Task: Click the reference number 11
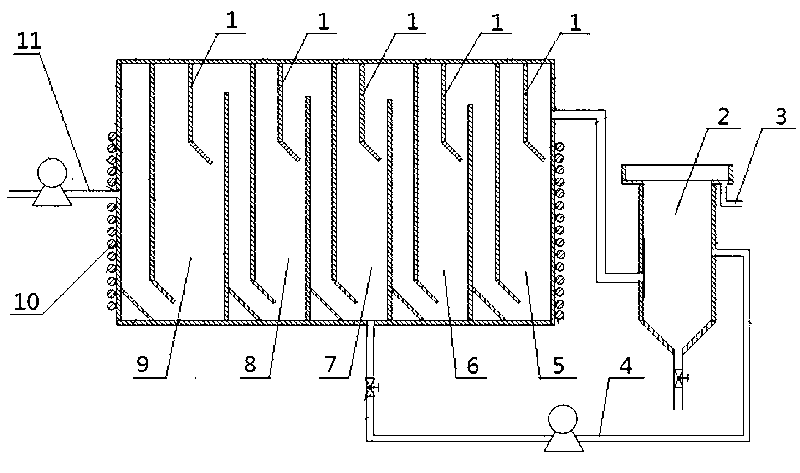coord(29,41)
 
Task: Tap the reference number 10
coord(27,302)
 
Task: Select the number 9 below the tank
coord(143,365)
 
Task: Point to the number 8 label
coord(250,365)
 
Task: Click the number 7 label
coord(330,365)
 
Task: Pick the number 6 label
coord(472,365)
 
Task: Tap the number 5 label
coord(559,365)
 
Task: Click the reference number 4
coord(627,365)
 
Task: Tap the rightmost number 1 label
coord(576,23)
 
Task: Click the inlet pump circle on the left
coord(52,173)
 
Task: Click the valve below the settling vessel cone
coord(679,378)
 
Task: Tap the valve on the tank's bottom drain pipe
coord(370,388)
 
